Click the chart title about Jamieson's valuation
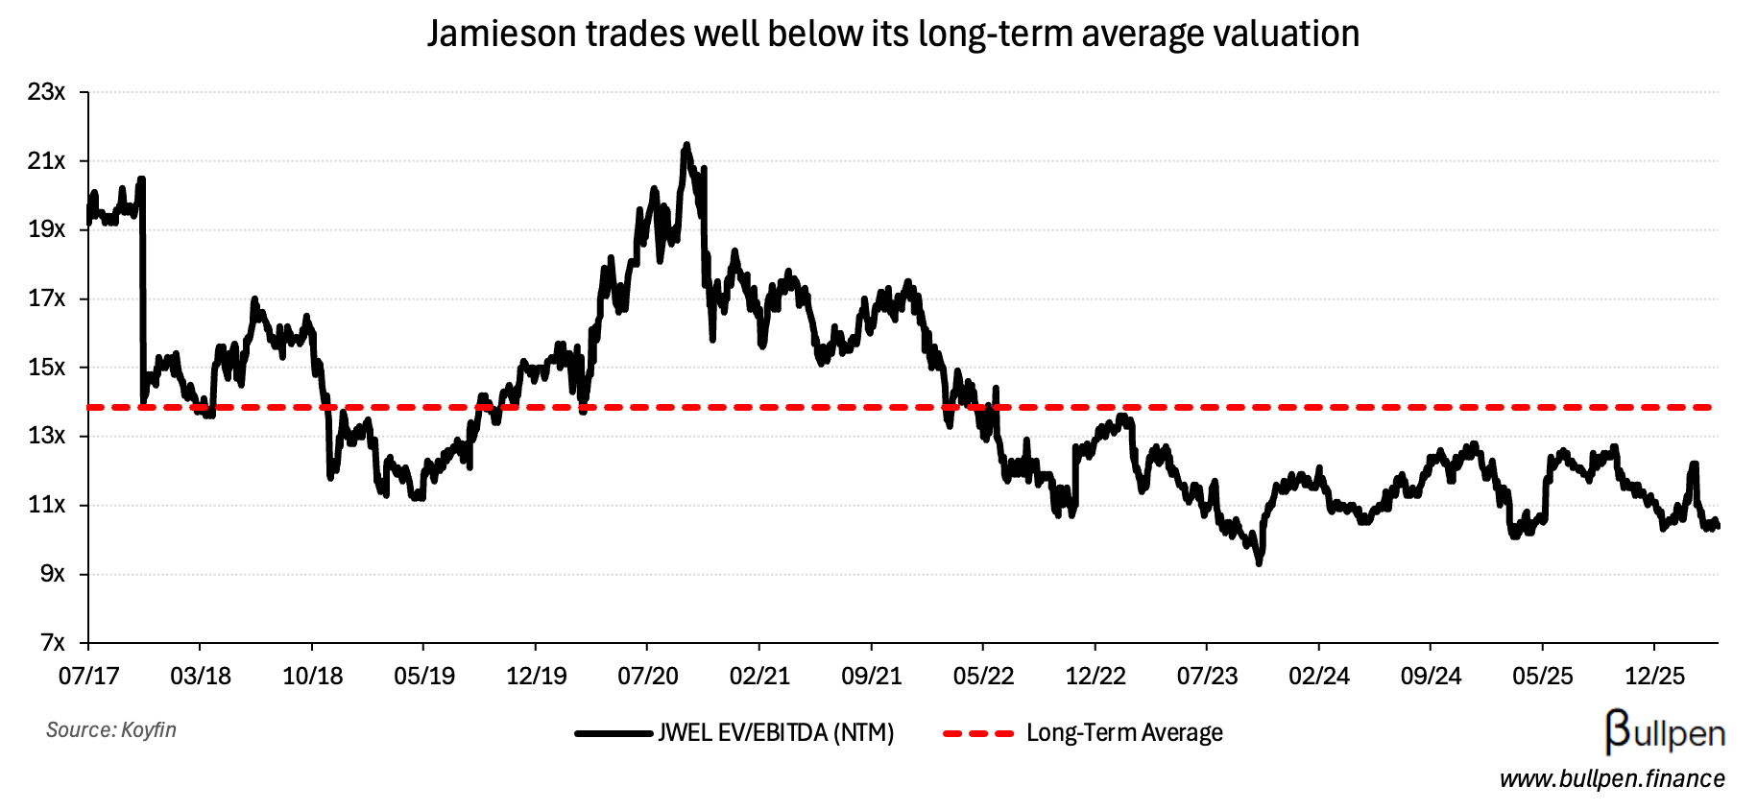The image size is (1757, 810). click(x=893, y=35)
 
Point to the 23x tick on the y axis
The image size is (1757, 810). click(x=47, y=93)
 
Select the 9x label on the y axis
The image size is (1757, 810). click(x=53, y=574)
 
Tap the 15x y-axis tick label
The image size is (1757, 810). click(x=47, y=368)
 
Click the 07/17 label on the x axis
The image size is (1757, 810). click(x=88, y=677)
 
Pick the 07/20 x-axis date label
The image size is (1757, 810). click(x=648, y=677)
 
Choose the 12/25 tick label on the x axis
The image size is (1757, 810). click(x=1654, y=677)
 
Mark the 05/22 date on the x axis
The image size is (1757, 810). click(x=983, y=677)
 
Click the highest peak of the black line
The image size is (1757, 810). click(x=686, y=145)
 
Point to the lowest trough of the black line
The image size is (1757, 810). click(x=1259, y=563)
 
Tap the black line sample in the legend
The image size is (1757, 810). click(x=614, y=734)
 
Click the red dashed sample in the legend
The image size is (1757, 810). click(x=977, y=734)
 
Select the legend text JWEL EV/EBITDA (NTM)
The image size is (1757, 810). click(x=776, y=734)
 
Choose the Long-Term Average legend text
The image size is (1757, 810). click(x=1124, y=734)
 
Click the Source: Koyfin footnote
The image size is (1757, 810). click(x=111, y=730)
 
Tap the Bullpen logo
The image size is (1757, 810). click(x=1665, y=733)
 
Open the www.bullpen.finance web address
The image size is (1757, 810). click(x=1612, y=779)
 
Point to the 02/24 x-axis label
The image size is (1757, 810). click(x=1319, y=677)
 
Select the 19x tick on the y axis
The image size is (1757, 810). click(x=47, y=230)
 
